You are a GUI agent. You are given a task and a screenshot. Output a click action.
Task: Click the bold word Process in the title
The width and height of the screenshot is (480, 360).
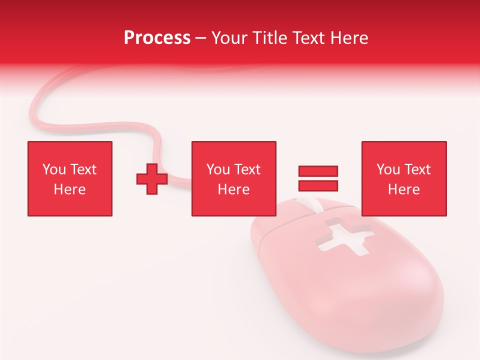pyautogui.click(x=157, y=38)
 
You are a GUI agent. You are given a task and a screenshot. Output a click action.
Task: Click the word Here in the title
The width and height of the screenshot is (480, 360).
pyautogui.click(x=348, y=38)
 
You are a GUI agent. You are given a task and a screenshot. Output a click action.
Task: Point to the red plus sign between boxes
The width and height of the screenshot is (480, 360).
pyautogui.click(x=152, y=179)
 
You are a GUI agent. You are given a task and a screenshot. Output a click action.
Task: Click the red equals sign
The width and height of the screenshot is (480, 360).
pyautogui.click(x=318, y=178)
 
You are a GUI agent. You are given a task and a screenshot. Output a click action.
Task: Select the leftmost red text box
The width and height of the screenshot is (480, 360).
pyautogui.click(x=70, y=178)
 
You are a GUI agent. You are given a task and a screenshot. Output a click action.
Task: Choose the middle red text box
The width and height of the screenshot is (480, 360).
pyautogui.click(x=233, y=178)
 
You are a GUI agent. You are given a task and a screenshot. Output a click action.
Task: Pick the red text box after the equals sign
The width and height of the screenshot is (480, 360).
pyautogui.click(x=404, y=178)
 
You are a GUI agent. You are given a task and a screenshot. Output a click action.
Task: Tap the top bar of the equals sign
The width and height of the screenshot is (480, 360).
pyautogui.click(x=318, y=171)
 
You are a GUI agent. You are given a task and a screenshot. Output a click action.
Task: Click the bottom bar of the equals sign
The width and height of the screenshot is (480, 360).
pyautogui.click(x=318, y=185)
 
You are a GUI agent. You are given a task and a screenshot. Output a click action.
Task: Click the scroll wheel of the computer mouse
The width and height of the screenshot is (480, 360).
pyautogui.click(x=306, y=204)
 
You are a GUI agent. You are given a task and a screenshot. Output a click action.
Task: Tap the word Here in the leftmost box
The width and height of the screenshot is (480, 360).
pyautogui.click(x=70, y=189)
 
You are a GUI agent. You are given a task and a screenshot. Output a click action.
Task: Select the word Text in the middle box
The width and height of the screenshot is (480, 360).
pyautogui.click(x=247, y=169)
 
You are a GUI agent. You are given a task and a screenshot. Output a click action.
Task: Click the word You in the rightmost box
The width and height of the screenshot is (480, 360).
pyautogui.click(x=388, y=169)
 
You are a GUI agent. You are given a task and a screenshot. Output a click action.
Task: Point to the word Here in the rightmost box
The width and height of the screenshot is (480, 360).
pyautogui.click(x=404, y=189)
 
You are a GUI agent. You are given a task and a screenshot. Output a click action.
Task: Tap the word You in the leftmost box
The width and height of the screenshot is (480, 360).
pyautogui.click(x=54, y=169)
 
